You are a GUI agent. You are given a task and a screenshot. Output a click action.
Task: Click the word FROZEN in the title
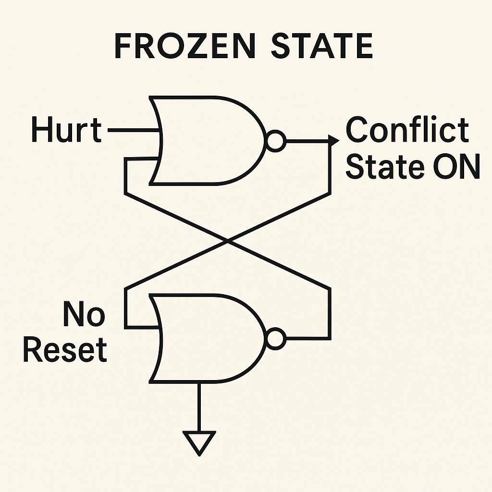pyautogui.click(x=185, y=47)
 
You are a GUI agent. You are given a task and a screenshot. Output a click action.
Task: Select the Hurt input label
pyautogui.click(x=66, y=130)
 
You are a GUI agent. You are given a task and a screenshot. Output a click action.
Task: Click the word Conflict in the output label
pyautogui.click(x=407, y=130)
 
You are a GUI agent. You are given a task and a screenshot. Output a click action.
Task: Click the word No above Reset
pyautogui.click(x=84, y=315)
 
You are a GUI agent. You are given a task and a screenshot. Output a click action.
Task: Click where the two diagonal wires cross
pyautogui.click(x=227, y=240)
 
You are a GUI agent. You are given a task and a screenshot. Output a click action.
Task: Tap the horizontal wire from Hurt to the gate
pyautogui.click(x=132, y=130)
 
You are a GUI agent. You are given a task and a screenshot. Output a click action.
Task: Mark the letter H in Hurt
pyautogui.click(x=40, y=130)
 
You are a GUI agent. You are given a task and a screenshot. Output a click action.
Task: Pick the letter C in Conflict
pyautogui.click(x=356, y=130)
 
